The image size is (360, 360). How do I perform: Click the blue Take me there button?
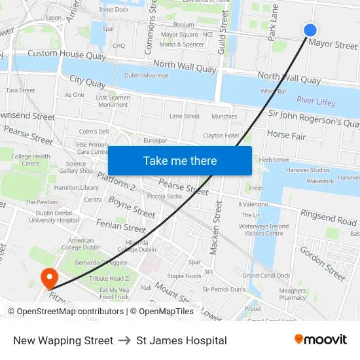pyautogui.click(x=180, y=160)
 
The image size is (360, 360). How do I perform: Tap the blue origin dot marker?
pyautogui.click(x=310, y=29)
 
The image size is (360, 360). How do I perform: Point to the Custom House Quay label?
pyautogui.click(x=67, y=54)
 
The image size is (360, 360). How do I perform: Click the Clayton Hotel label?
pyautogui.click(x=221, y=135)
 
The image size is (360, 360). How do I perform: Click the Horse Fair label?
pyautogui.click(x=286, y=134)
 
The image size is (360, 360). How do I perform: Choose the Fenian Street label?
pyautogui.click(x=121, y=227)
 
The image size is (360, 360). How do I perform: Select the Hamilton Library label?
pyautogui.click(x=77, y=187)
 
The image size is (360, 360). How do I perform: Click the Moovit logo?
pyautogui.click(x=321, y=339)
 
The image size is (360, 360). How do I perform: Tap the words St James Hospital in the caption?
pyautogui.click(x=182, y=340)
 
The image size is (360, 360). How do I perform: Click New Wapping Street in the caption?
pyautogui.click(x=63, y=340)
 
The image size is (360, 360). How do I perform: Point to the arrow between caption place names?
pyautogui.click(x=124, y=340)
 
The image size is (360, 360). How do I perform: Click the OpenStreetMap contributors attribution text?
pyautogui.click(x=66, y=312)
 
